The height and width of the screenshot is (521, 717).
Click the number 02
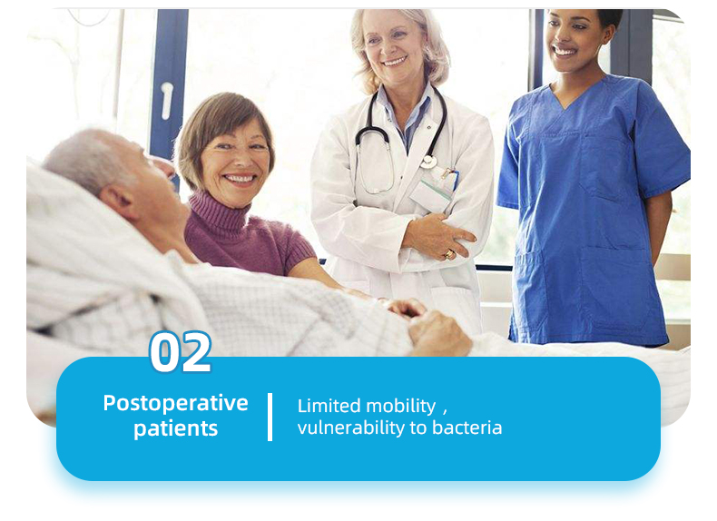[x=181, y=351]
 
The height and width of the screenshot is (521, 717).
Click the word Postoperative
[x=175, y=403]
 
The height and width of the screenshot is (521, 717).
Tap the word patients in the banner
[x=175, y=428]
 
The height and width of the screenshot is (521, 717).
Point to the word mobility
[x=401, y=407]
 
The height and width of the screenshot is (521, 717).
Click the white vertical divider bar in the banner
[x=270, y=417]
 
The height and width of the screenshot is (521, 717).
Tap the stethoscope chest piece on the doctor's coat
[x=428, y=162]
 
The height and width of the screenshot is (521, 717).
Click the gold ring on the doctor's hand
[x=449, y=253]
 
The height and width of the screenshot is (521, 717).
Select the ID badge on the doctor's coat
[x=432, y=192]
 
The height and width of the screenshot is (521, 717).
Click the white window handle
[x=167, y=101]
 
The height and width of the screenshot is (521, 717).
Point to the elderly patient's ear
[x=118, y=200]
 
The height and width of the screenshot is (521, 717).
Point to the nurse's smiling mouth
[x=564, y=51]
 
